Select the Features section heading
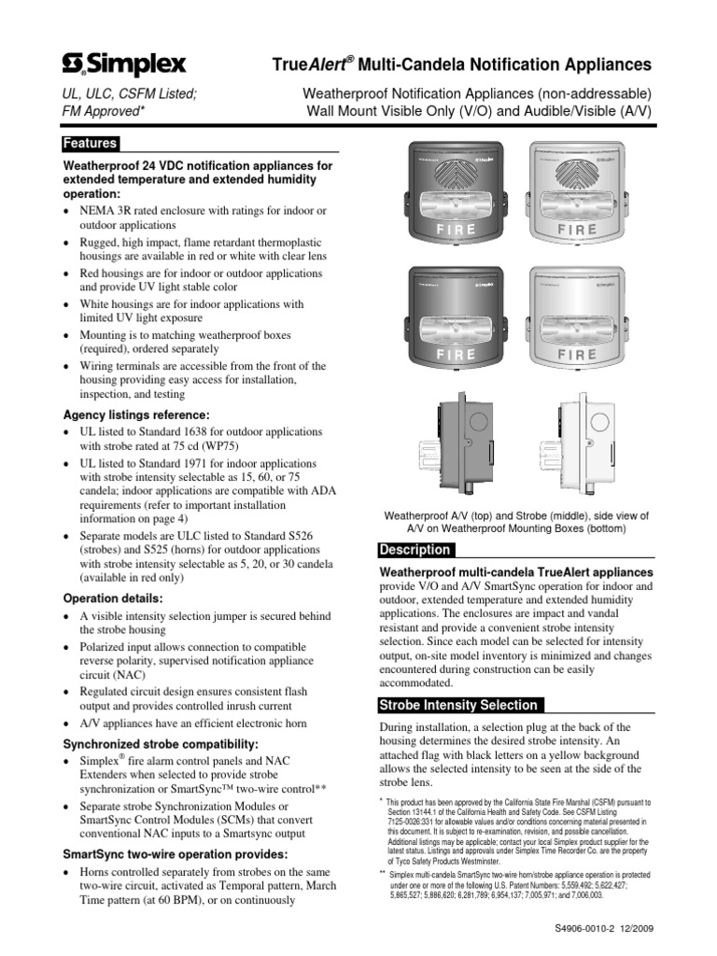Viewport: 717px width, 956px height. (90, 144)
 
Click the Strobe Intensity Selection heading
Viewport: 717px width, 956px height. (457, 705)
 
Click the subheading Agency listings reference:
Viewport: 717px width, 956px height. (136, 415)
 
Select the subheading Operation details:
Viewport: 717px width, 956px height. (112, 597)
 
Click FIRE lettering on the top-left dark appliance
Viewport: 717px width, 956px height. (456, 229)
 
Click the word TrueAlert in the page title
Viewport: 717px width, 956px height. (313, 64)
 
